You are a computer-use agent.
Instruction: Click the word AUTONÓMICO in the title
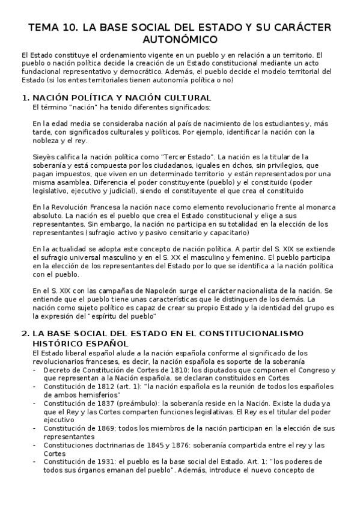(x=180, y=40)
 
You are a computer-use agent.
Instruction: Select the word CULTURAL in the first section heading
(x=189, y=97)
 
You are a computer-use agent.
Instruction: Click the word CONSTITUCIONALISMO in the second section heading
(x=231, y=333)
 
